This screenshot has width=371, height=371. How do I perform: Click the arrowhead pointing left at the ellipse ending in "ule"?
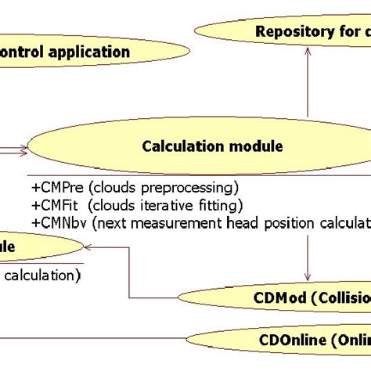coord(90,247)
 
